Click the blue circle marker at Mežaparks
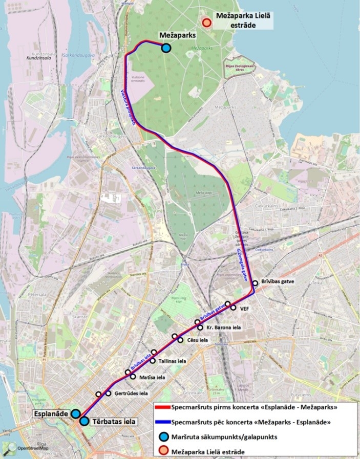coord(166,48)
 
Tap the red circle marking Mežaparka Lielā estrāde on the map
coord(206,23)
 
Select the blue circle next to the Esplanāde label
coord(75,413)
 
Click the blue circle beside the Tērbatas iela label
coord(84,421)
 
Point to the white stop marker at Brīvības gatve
coord(255,283)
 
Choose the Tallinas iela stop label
coord(172,361)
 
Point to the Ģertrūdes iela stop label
coord(130,394)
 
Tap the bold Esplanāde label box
coord(51,413)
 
